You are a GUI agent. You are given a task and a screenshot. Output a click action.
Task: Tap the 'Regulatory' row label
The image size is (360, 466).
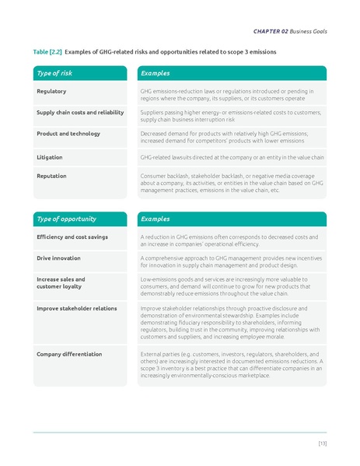pos(51,92)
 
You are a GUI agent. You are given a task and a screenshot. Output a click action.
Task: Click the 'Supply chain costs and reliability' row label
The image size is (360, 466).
pos(80,113)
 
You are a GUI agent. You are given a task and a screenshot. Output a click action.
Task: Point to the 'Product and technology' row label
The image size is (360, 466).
pos(68,134)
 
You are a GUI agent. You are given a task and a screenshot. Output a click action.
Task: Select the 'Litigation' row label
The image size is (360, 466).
pos(50,157)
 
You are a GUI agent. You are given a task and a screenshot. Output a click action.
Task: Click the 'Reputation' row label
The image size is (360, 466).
pos(52,176)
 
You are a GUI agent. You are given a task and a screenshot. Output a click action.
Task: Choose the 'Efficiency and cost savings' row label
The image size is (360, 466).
pos(72,237)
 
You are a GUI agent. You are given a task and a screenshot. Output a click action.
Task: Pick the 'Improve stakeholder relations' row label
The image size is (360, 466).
pos(76,308)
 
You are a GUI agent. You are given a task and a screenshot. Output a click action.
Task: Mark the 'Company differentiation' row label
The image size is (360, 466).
pos(69,354)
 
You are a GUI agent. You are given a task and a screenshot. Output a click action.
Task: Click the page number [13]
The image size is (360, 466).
pos(322,443)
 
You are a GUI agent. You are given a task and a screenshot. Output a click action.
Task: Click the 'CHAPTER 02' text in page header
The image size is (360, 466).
pos(271,30)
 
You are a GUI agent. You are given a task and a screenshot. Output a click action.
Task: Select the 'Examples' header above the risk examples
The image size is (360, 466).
pos(155,73)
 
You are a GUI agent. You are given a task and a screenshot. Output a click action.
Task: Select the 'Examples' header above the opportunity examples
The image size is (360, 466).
pos(155,219)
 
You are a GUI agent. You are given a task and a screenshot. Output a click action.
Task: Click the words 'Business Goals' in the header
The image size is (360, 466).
pos(309,30)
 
